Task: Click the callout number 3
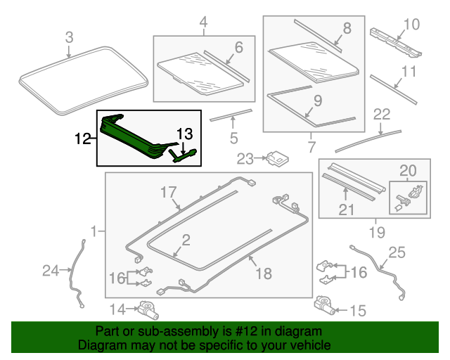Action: tap(69, 37)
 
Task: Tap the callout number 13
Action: tap(184, 133)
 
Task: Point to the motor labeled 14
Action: tap(149, 308)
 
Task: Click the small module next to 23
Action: tap(277, 158)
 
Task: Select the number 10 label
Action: tap(411, 25)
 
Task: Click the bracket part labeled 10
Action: tap(394, 41)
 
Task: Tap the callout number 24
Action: tap(51, 270)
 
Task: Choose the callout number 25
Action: tap(397, 252)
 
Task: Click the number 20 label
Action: tap(409, 169)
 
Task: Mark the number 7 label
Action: tap(312, 146)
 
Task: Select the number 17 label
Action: tap(167, 192)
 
